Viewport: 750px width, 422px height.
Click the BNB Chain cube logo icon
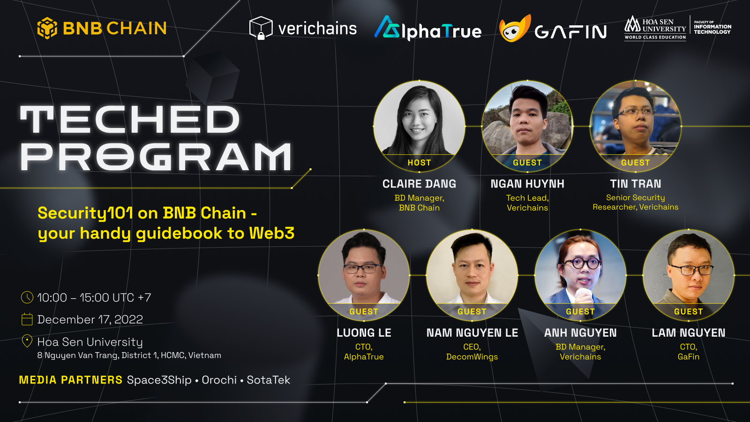(47, 28)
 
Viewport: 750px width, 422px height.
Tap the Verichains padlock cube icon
(261, 28)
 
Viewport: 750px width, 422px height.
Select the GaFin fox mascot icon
(514, 29)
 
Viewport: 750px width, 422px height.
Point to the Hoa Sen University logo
(655, 28)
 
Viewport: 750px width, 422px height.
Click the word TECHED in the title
(130, 120)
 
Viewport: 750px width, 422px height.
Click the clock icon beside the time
(27, 297)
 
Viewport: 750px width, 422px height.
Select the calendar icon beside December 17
(27, 319)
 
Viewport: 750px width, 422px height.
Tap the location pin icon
(27, 341)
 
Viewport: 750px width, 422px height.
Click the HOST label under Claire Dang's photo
(419, 163)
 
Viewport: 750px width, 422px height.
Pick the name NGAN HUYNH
(527, 184)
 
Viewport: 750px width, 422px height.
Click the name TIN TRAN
(636, 184)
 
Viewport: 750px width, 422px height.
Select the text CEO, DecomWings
(472, 352)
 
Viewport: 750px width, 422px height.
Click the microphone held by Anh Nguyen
(583, 295)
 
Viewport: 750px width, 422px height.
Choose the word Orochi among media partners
(219, 380)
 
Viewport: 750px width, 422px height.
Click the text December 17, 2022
(90, 319)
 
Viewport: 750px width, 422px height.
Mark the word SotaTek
(269, 380)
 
